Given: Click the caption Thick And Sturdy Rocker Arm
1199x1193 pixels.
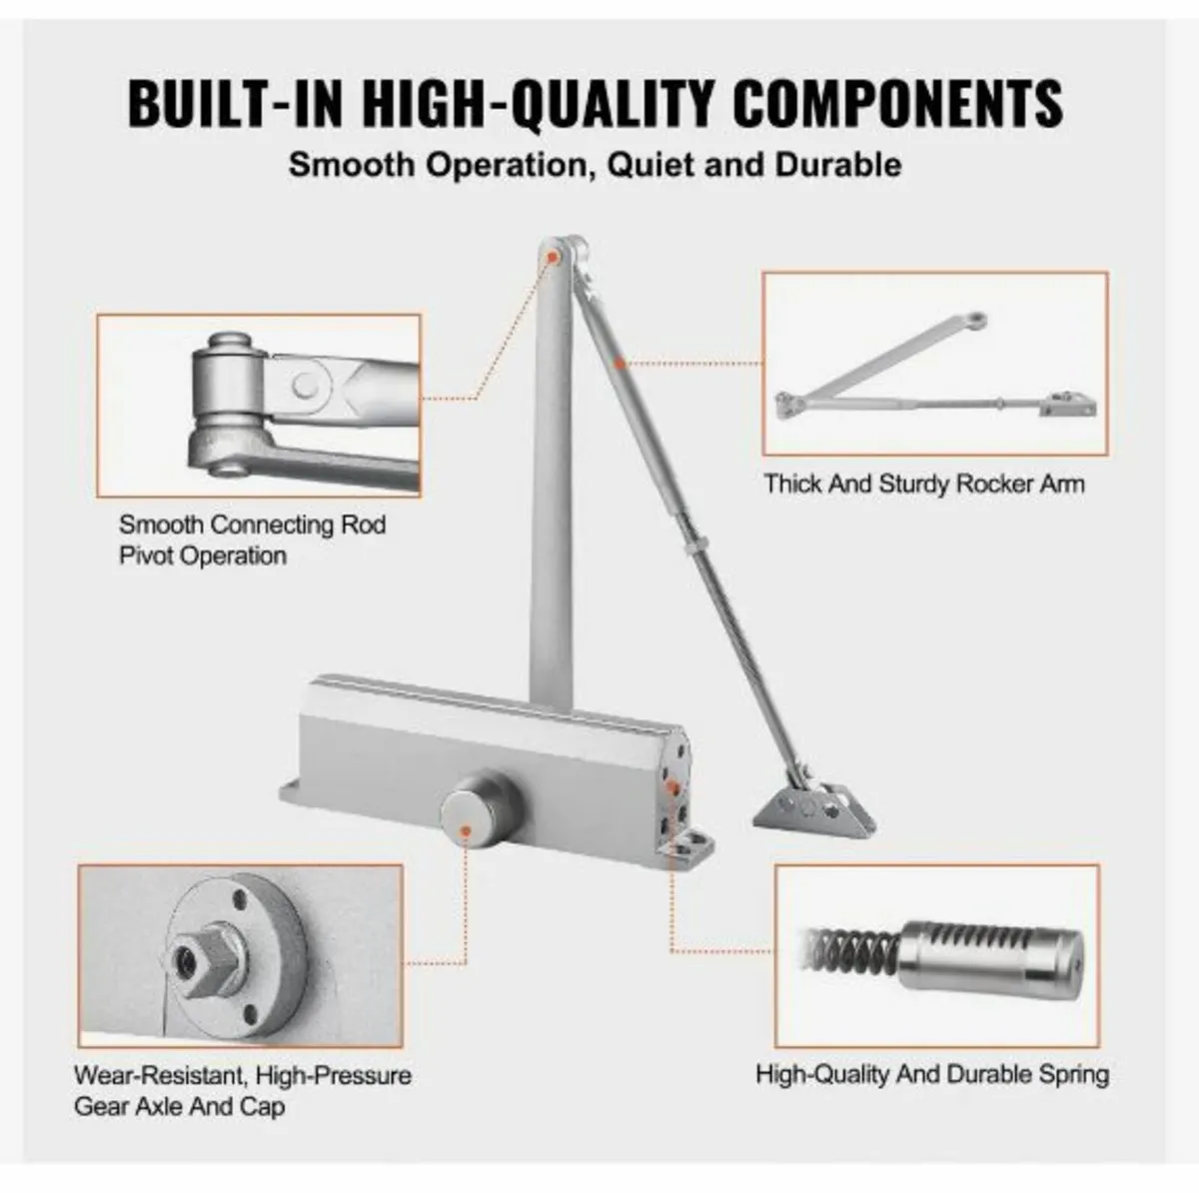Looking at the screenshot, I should pos(923,485).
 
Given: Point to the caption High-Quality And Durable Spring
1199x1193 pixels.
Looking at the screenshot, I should pos(931,1075).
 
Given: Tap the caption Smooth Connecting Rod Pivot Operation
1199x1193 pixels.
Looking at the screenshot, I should pos(252,540).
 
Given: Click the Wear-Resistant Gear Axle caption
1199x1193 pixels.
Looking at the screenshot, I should pos(242,1091).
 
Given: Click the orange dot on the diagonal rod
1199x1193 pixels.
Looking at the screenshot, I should pos(619,364).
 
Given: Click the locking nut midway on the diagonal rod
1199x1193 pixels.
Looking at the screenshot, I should pos(690,550).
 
